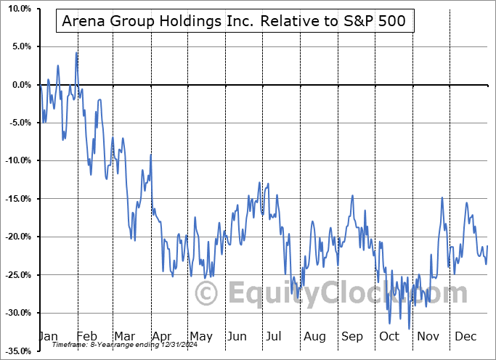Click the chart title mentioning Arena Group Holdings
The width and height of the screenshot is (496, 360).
[x=235, y=22]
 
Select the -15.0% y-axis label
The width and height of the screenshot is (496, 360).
[x=17, y=199]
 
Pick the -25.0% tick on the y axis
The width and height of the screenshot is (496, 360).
[x=17, y=274]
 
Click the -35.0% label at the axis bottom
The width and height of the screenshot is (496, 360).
[x=17, y=351]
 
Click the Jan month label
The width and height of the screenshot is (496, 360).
[x=48, y=336]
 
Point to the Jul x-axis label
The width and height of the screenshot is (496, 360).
[x=275, y=336]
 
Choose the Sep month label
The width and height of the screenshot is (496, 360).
[x=351, y=336]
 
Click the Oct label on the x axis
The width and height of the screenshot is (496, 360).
[x=389, y=336]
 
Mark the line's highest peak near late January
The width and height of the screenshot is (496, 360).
[x=76, y=52]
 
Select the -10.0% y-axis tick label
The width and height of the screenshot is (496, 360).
[x=17, y=160]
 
